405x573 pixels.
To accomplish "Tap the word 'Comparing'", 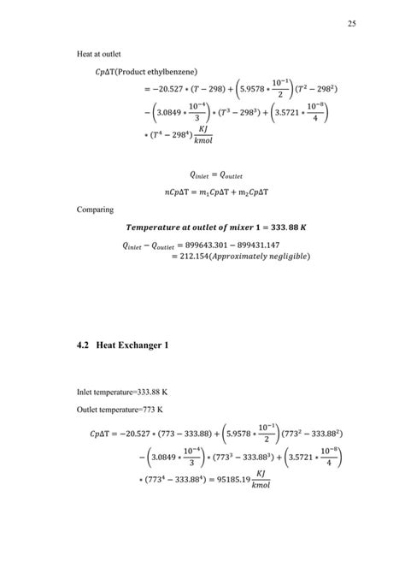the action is [x=94, y=208].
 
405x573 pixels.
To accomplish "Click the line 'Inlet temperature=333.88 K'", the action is [x=122, y=393].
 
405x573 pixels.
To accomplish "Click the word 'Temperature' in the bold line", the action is [x=152, y=227].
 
